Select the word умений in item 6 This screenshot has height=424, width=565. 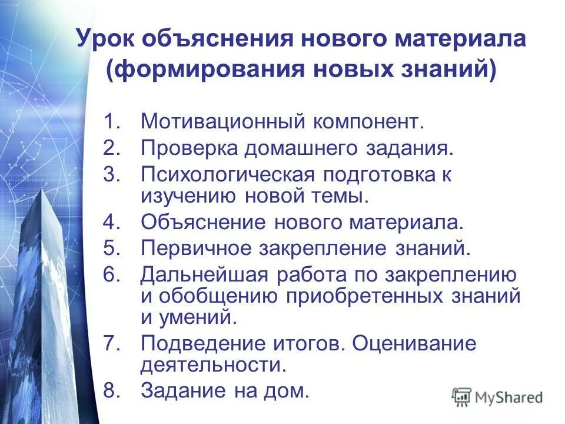(x=197, y=317)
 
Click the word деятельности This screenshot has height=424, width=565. (x=212, y=365)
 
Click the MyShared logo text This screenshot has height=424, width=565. (x=509, y=397)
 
